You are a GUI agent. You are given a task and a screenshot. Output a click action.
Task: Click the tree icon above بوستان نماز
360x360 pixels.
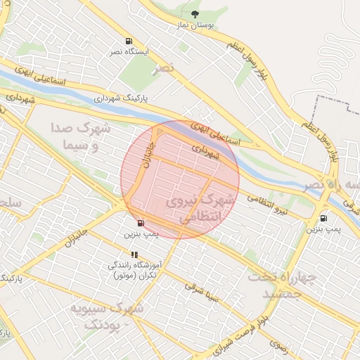tap(195, 14)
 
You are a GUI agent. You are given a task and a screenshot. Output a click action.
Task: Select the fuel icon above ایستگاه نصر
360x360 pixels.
tap(128, 41)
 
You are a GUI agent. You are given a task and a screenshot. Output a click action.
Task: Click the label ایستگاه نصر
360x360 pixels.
tap(128, 52)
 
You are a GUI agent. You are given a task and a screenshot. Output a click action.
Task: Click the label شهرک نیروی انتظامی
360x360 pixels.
tap(200, 210)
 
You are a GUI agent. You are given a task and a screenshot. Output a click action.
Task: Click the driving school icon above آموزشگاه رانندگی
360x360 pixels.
tap(134, 255)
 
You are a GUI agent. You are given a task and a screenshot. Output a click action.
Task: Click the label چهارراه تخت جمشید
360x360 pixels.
tap(279, 285)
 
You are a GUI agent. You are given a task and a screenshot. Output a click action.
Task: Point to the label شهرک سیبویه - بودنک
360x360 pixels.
tap(107, 316)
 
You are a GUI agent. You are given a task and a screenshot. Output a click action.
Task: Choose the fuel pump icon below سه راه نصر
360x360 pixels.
tap(323, 218)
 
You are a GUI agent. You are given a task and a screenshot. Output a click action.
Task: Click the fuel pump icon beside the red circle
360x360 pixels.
tap(141, 223)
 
